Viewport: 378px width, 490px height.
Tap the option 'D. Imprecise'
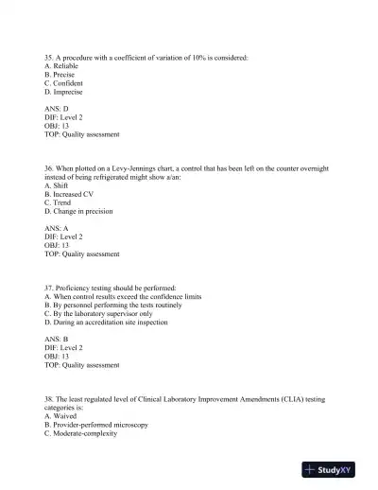pos(64,93)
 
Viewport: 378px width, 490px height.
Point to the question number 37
pos(49,288)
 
